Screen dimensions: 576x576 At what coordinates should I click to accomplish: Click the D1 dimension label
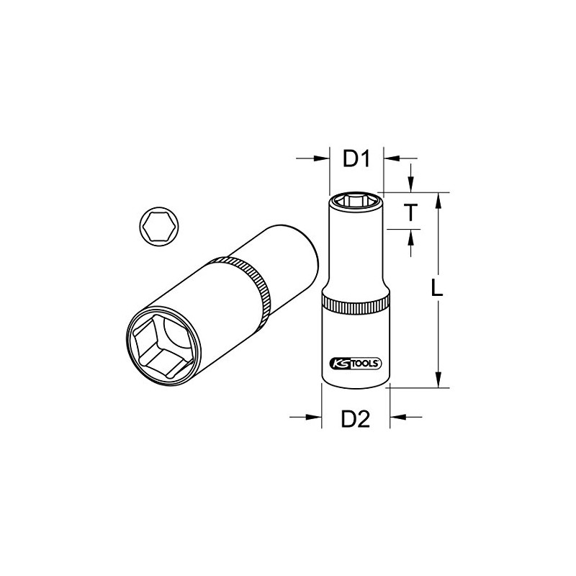(x=356, y=159)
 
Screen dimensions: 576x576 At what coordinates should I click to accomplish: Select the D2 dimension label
(x=355, y=418)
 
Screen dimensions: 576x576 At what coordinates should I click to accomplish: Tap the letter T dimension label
(x=410, y=212)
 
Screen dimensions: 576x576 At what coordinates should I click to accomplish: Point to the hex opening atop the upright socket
(x=356, y=199)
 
